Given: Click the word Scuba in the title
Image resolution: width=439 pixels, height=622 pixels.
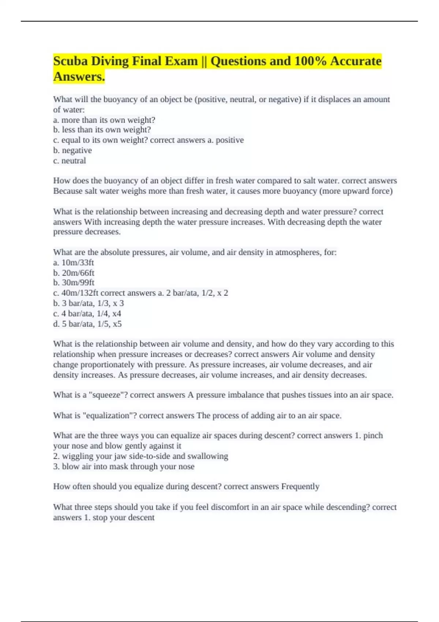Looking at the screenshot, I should tap(70, 61).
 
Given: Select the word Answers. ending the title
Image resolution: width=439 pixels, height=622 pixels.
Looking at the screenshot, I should tap(79, 77).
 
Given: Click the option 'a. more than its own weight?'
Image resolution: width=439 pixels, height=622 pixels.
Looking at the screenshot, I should tap(104, 120).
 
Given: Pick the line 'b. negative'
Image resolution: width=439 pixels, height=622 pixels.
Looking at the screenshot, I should tap(72, 150).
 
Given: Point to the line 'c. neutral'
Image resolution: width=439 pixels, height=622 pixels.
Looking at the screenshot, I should tap(70, 161).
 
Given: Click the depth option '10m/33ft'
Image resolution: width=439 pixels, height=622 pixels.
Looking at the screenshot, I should tap(78, 263).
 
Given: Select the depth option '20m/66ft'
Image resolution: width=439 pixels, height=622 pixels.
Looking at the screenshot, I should tap(78, 273).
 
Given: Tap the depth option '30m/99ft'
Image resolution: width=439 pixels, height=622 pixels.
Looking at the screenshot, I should tap(78, 283).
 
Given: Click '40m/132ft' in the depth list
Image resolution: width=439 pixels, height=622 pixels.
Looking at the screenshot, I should tap(80, 293).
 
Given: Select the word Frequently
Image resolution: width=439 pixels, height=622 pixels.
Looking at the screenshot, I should tap(300, 487).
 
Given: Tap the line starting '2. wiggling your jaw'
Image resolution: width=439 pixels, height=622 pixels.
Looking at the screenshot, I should tap(140, 456).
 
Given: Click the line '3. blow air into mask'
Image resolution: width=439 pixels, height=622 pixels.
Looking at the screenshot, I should tap(124, 466).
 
